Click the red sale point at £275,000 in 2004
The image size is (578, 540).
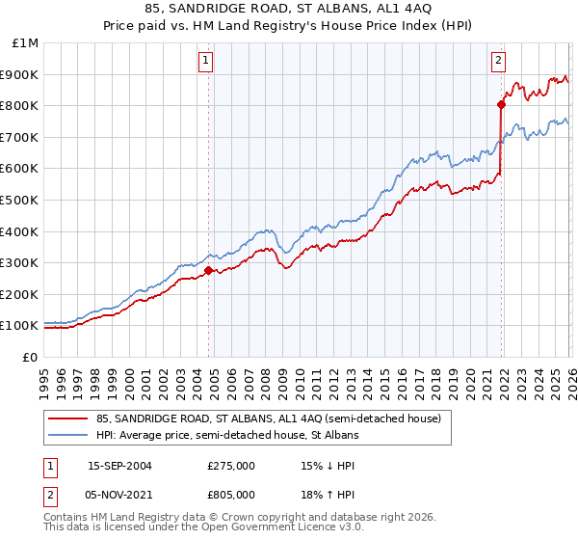(208, 270)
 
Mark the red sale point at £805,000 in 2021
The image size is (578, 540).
(502, 104)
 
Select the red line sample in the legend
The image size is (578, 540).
(67, 419)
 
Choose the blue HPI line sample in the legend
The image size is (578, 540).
(67, 436)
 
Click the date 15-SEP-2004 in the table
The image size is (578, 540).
(119, 465)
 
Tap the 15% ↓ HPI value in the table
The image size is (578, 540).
(328, 465)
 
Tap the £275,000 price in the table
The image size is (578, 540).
(231, 465)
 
